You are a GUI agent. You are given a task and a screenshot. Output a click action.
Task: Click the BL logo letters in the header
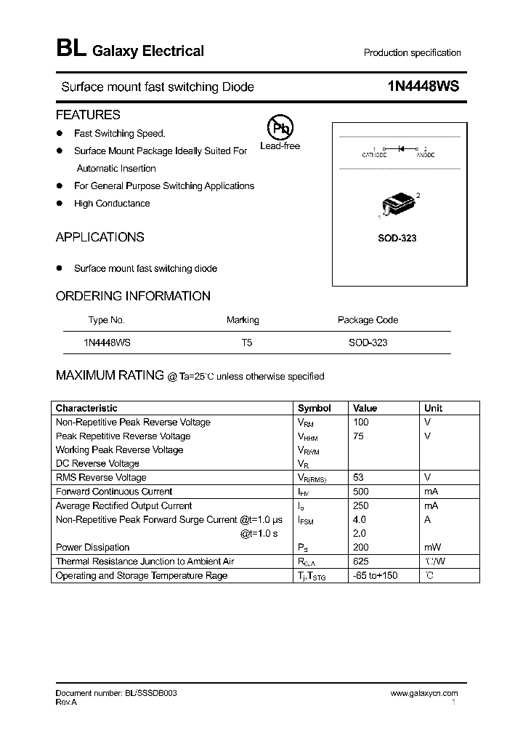point(70,49)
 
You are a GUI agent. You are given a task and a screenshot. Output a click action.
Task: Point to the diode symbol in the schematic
point(401,148)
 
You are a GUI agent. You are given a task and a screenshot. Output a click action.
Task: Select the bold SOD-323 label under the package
point(397,239)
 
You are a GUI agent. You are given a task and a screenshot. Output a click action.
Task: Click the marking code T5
point(247,342)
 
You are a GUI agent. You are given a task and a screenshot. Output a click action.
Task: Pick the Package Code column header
point(368,320)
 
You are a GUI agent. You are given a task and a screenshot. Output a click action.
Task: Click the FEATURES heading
point(88,115)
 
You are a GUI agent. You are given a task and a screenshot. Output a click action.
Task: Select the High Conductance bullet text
point(112,204)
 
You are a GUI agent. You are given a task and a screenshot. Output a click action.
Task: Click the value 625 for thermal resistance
point(361,561)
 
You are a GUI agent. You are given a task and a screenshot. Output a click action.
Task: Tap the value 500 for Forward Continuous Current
point(361,492)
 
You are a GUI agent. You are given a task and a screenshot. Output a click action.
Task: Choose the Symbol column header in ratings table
point(314,408)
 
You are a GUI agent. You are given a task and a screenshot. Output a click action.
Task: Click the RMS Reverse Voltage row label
point(101,478)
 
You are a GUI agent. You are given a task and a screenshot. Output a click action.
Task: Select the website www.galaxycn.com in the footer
point(424,694)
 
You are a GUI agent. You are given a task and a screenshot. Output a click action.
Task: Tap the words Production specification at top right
point(412,53)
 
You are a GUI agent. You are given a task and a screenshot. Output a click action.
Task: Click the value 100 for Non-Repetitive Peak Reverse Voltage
point(361,422)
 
